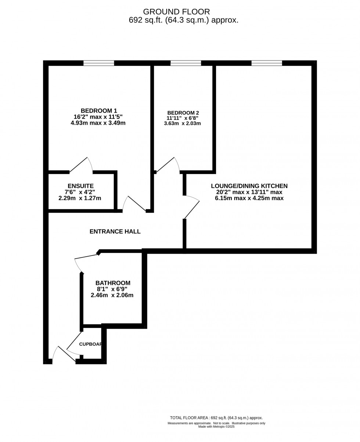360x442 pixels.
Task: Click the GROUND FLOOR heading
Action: pyautogui.click(x=176, y=12)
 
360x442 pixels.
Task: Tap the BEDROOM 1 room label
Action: pyautogui.click(x=99, y=111)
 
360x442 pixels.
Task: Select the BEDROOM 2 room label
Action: pyautogui.click(x=183, y=113)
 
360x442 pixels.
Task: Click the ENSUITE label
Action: pyautogui.click(x=80, y=186)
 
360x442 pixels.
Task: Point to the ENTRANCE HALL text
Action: pyautogui.click(x=115, y=232)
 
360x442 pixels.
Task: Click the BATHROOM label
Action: pyautogui.click(x=113, y=283)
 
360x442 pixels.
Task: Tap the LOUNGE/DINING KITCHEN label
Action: pyautogui.click(x=249, y=186)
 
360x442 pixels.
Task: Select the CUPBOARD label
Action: pyautogui.click(x=90, y=344)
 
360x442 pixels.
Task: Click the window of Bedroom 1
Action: pyautogui.click(x=98, y=63)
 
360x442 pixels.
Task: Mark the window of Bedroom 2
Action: pyautogui.click(x=186, y=63)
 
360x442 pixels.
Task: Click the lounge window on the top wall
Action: pyautogui.click(x=267, y=63)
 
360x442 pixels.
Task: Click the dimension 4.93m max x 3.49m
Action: pyautogui.click(x=98, y=123)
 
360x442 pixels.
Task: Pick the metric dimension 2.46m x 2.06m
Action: pyautogui.click(x=112, y=295)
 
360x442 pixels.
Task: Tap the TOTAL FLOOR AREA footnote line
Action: pyautogui.click(x=216, y=418)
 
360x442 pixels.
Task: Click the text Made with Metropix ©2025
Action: pyautogui.click(x=216, y=427)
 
